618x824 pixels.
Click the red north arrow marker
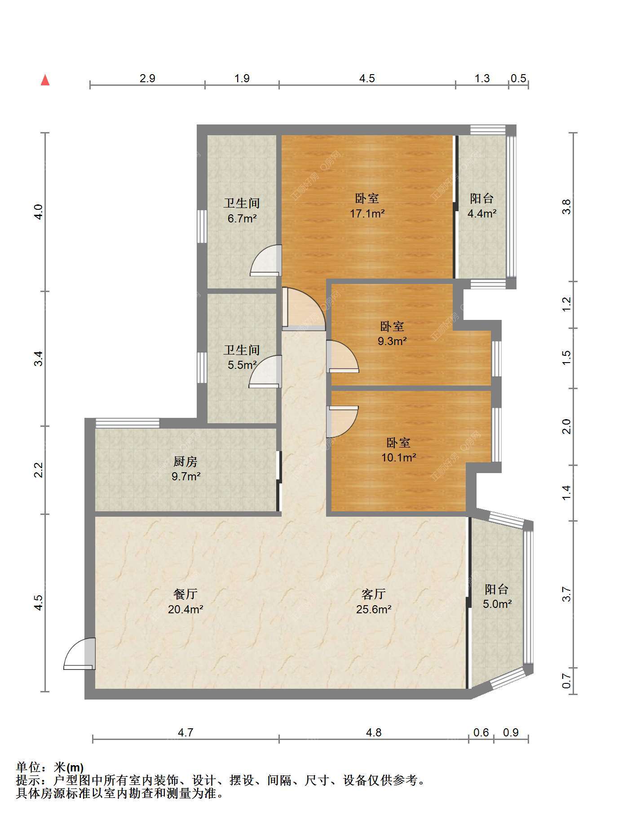(x=45, y=80)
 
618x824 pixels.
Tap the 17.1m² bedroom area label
(x=367, y=206)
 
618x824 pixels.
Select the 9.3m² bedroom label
(x=392, y=333)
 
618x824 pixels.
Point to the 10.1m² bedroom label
(x=398, y=450)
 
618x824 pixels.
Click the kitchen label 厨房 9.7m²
(x=185, y=469)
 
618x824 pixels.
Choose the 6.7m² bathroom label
(x=242, y=211)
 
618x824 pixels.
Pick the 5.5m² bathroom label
(x=242, y=357)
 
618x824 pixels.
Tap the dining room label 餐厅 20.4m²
(x=185, y=602)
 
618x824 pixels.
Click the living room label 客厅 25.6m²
(x=374, y=602)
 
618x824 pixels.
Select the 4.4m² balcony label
(x=482, y=206)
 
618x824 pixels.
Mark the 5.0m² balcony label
(x=497, y=596)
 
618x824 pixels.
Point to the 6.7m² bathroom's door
(x=266, y=260)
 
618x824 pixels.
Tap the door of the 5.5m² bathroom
(x=265, y=372)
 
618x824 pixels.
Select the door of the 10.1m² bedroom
(x=342, y=421)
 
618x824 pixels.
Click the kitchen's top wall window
(x=127, y=423)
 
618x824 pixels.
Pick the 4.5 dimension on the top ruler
(x=367, y=78)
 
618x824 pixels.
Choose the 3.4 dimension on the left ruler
(x=39, y=358)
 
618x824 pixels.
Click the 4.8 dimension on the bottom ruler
(x=374, y=732)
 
